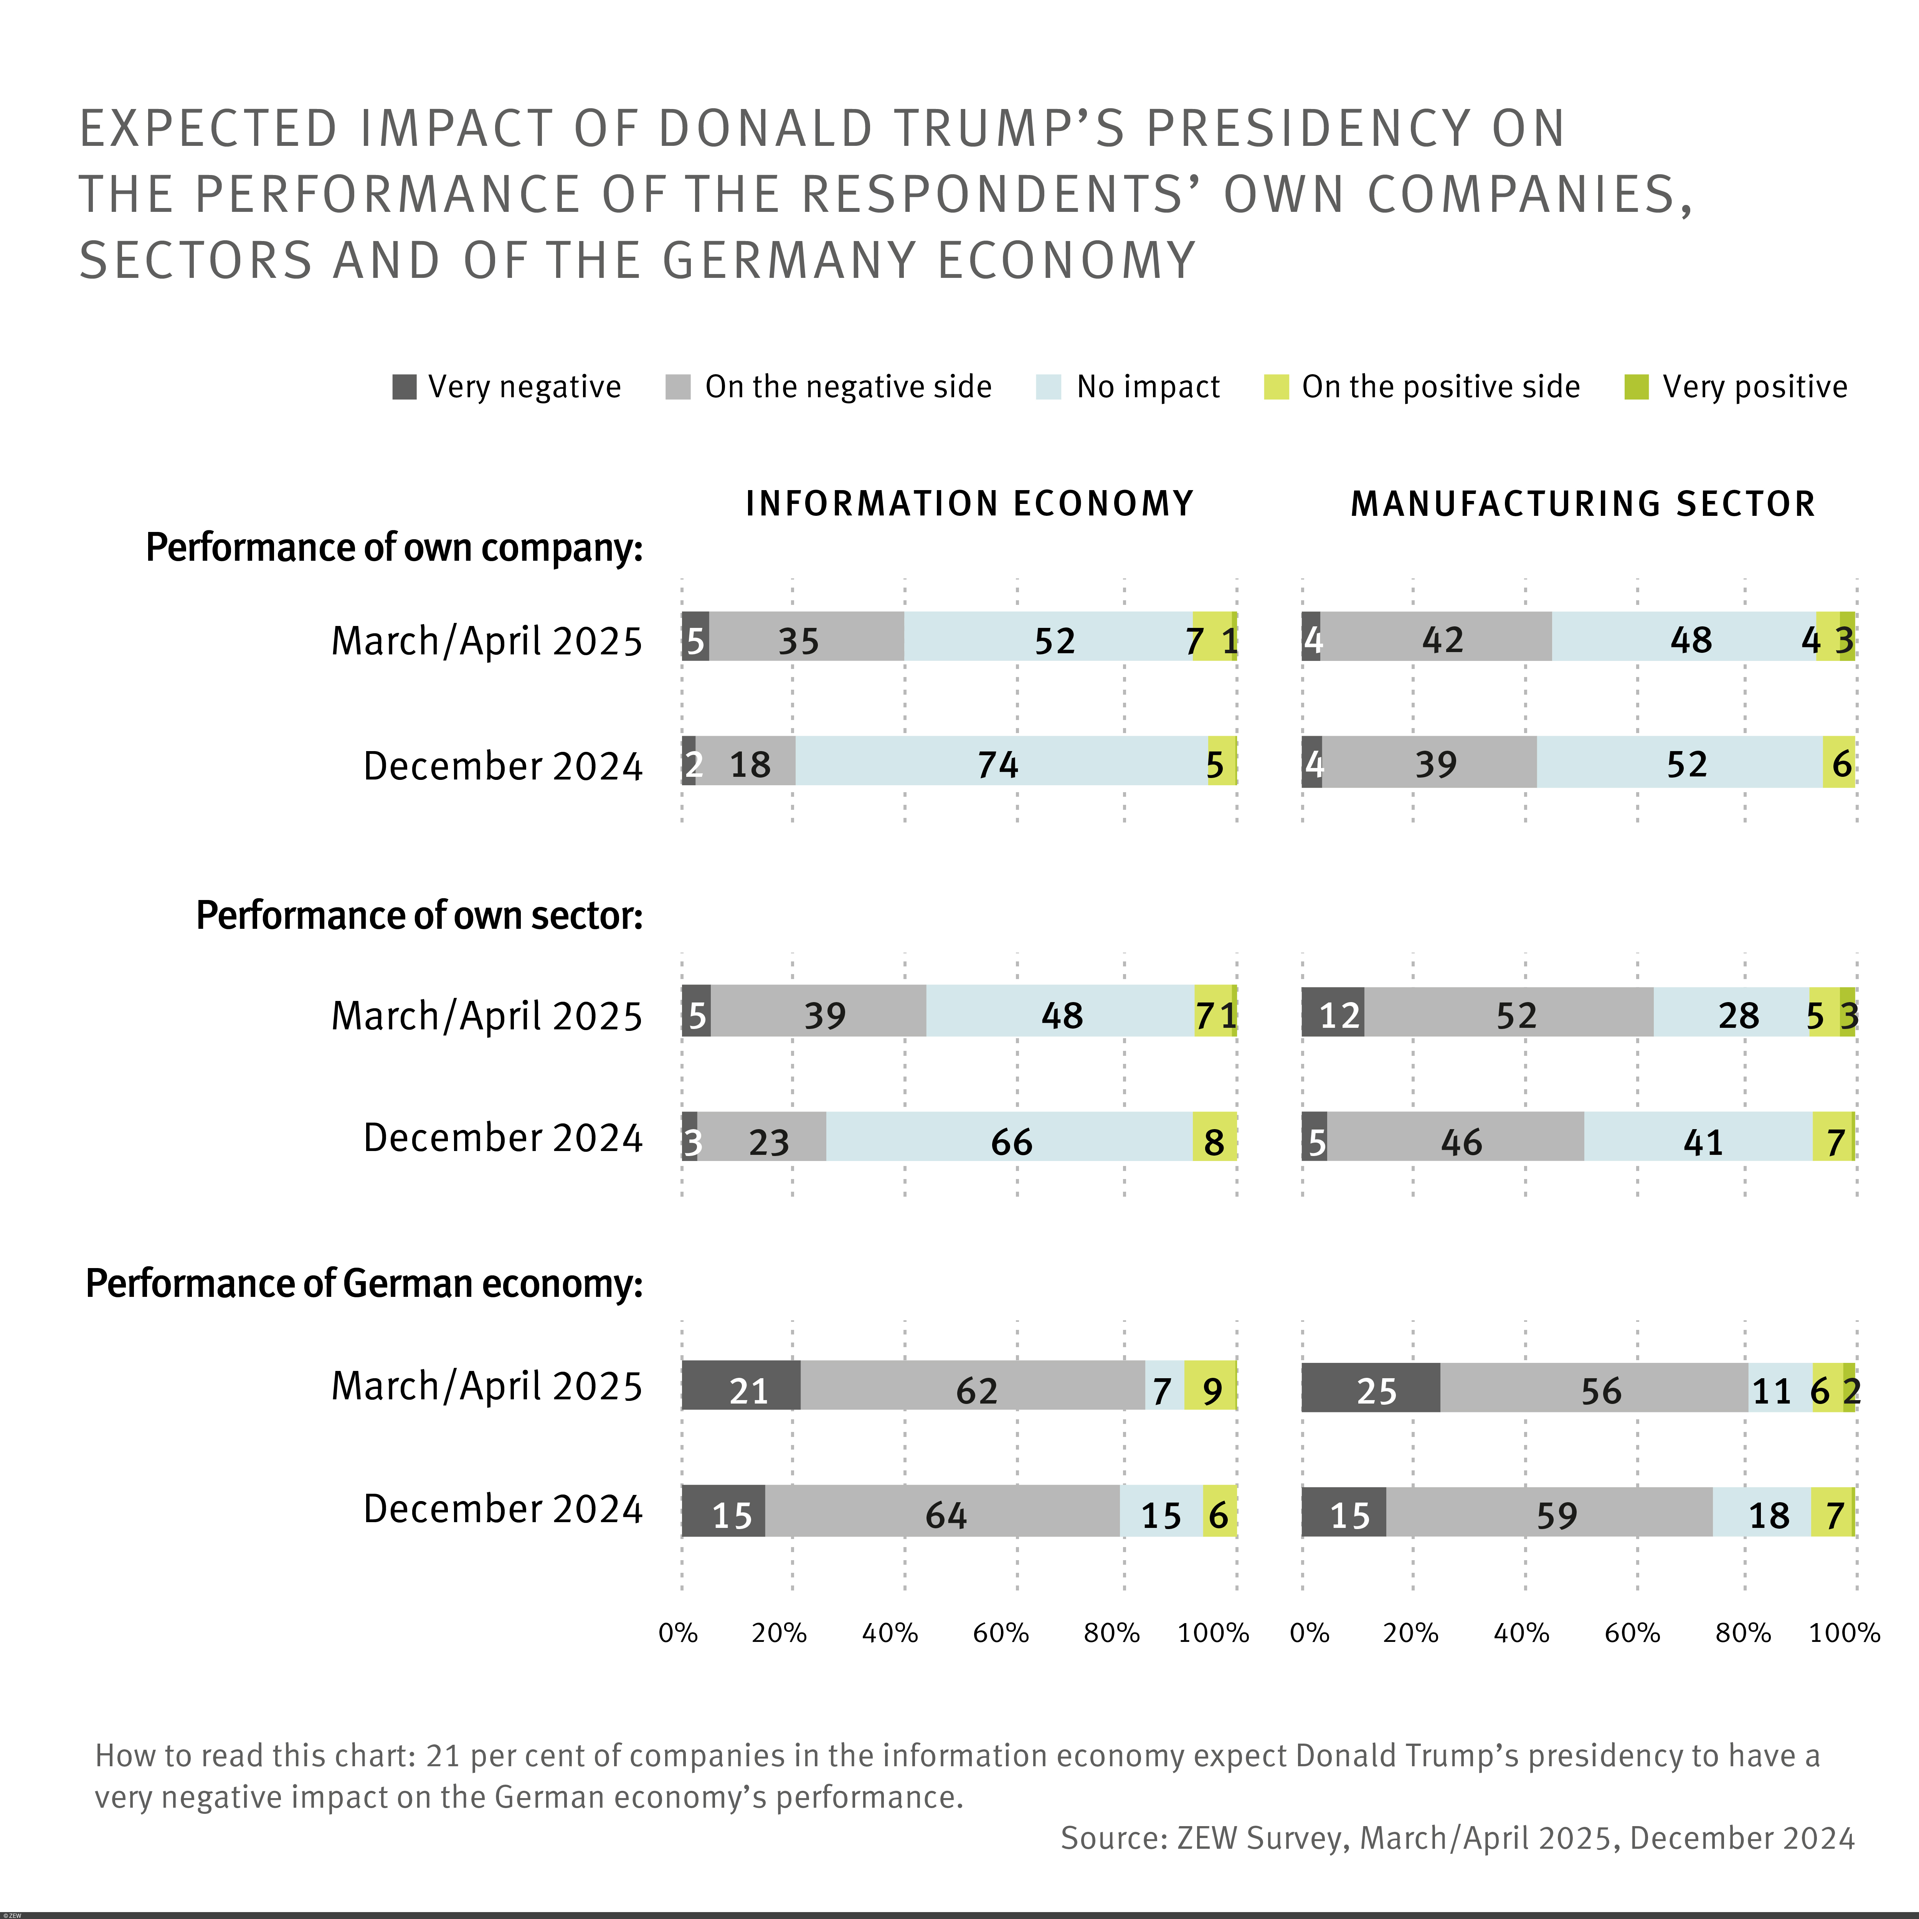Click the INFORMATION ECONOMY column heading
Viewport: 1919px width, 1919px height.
point(969,504)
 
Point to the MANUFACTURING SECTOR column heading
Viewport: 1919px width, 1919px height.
point(1583,504)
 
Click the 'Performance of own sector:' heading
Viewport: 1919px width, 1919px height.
point(419,915)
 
